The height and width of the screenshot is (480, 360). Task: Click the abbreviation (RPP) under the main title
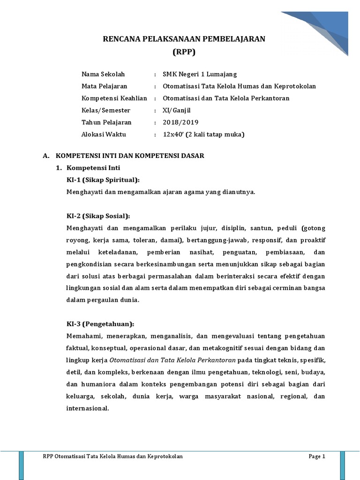184,52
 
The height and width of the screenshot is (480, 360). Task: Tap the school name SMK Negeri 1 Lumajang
200,74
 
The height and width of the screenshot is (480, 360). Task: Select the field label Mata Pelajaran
105,86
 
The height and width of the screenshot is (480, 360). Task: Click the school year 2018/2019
180,123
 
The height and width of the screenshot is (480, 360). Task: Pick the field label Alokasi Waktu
104,135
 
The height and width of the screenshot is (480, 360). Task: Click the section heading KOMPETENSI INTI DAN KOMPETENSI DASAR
130,156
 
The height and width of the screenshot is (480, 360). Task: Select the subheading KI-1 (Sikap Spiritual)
104,180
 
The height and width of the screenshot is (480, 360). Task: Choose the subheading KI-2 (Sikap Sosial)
98,216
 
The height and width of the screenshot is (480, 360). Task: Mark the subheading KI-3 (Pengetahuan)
100,324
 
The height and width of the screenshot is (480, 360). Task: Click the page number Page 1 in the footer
316,457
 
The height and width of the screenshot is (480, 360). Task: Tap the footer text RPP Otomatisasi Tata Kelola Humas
112,457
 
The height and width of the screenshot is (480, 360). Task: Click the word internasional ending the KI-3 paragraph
88,408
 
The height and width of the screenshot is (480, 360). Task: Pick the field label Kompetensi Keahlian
114,98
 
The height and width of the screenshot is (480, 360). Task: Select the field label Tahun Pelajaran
106,123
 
